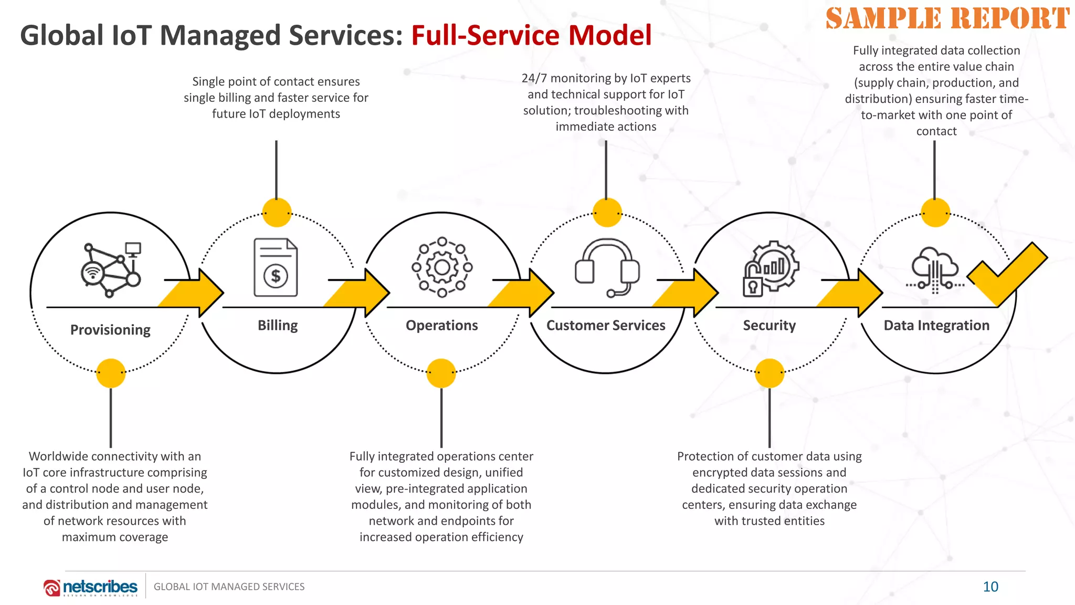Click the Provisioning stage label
tap(110, 330)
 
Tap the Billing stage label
tap(278, 326)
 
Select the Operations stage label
tap(441, 326)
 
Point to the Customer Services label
tap(606, 326)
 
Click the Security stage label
tap(769, 326)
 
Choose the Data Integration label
tap(936, 326)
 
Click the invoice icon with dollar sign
tap(276, 267)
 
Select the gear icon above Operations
tap(442, 267)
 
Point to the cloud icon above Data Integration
tap(935, 265)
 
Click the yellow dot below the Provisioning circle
tap(111, 373)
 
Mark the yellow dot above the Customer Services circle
tap(607, 213)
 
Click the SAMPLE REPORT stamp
tap(947, 19)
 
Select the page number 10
tap(990, 587)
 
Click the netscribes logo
tap(91, 587)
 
